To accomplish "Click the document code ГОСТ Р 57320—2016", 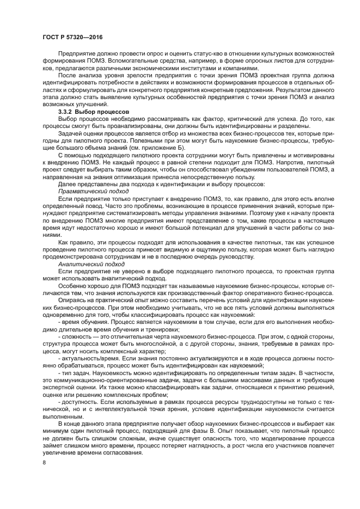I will [x=72, y=36].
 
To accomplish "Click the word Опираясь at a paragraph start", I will [x=72, y=300].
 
